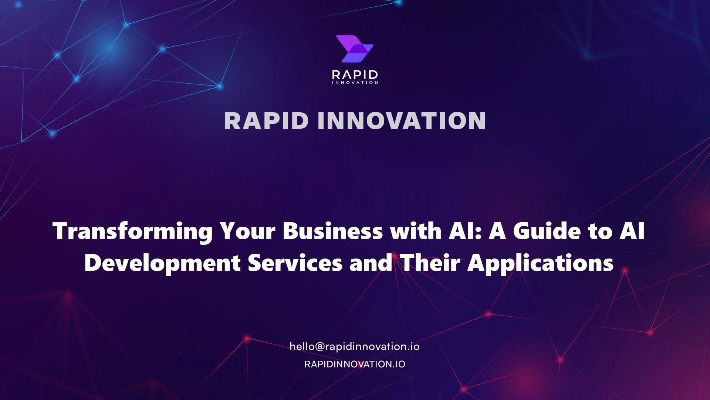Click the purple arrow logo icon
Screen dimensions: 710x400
354,49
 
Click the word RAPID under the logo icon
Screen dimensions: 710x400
355,75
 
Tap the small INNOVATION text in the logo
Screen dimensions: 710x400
355,83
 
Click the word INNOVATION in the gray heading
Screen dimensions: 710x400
402,120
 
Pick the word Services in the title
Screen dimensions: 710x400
295,263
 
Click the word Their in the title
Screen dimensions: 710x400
430,263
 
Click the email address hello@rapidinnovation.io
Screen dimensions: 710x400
355,347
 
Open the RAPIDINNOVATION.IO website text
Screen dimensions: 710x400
355,364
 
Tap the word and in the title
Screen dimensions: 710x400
371,263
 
